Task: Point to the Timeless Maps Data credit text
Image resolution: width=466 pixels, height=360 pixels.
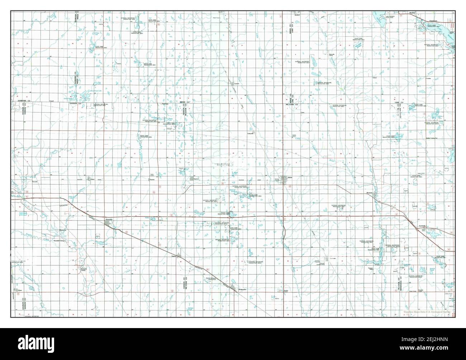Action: (x=426, y=312)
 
